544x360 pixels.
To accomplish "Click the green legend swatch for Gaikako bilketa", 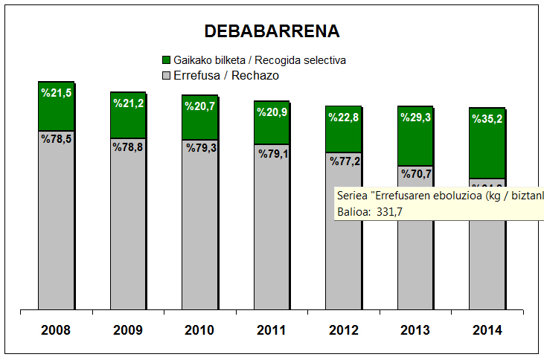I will tap(165, 59).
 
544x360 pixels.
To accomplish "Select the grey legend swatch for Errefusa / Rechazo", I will tap(165, 75).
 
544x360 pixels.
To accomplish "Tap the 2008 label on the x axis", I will tap(56, 330).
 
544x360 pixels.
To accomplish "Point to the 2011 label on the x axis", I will tap(272, 330).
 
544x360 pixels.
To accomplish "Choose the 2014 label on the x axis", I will tap(487, 330).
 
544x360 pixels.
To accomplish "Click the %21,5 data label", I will tap(56, 93).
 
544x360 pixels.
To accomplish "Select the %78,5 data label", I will tap(56, 138).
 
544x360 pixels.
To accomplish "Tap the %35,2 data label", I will tap(487, 118).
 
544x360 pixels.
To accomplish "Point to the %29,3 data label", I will tap(415, 118).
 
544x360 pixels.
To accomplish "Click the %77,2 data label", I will tap(343, 161).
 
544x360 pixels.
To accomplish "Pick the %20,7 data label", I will tap(199, 106).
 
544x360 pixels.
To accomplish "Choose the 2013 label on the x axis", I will tap(415, 330).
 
